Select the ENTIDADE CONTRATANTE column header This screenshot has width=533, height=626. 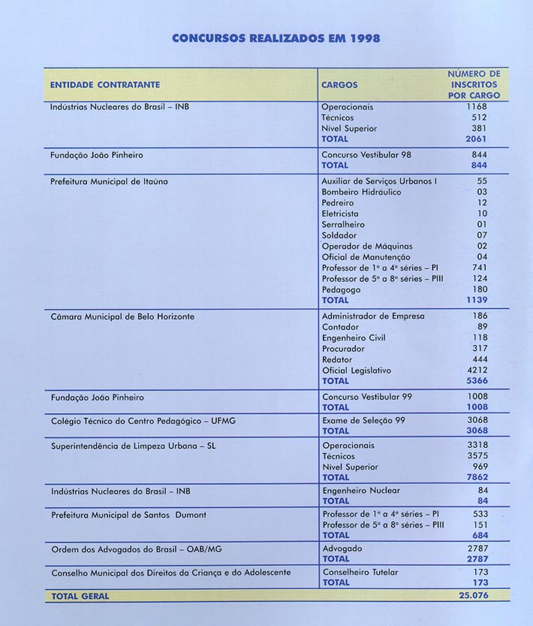tap(104, 85)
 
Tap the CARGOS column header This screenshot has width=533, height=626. tap(339, 85)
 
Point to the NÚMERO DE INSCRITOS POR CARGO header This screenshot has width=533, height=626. tap(474, 85)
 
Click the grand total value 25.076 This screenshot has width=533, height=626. tap(473, 595)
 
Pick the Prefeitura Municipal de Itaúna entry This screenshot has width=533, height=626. tap(109, 181)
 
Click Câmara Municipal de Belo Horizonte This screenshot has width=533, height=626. tap(122, 316)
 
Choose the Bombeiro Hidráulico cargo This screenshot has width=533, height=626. tap(361, 192)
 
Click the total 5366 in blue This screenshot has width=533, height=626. tap(477, 381)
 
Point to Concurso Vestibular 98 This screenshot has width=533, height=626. tap(366, 155)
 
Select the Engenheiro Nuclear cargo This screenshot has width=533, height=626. tap(360, 491)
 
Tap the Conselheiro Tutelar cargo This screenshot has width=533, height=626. tap(360, 572)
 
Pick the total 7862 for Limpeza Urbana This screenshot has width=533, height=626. tap(477, 477)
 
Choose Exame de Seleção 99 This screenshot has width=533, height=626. tap(363, 420)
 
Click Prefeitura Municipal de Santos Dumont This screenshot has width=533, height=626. tap(129, 515)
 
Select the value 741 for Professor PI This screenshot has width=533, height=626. tap(480, 268)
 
